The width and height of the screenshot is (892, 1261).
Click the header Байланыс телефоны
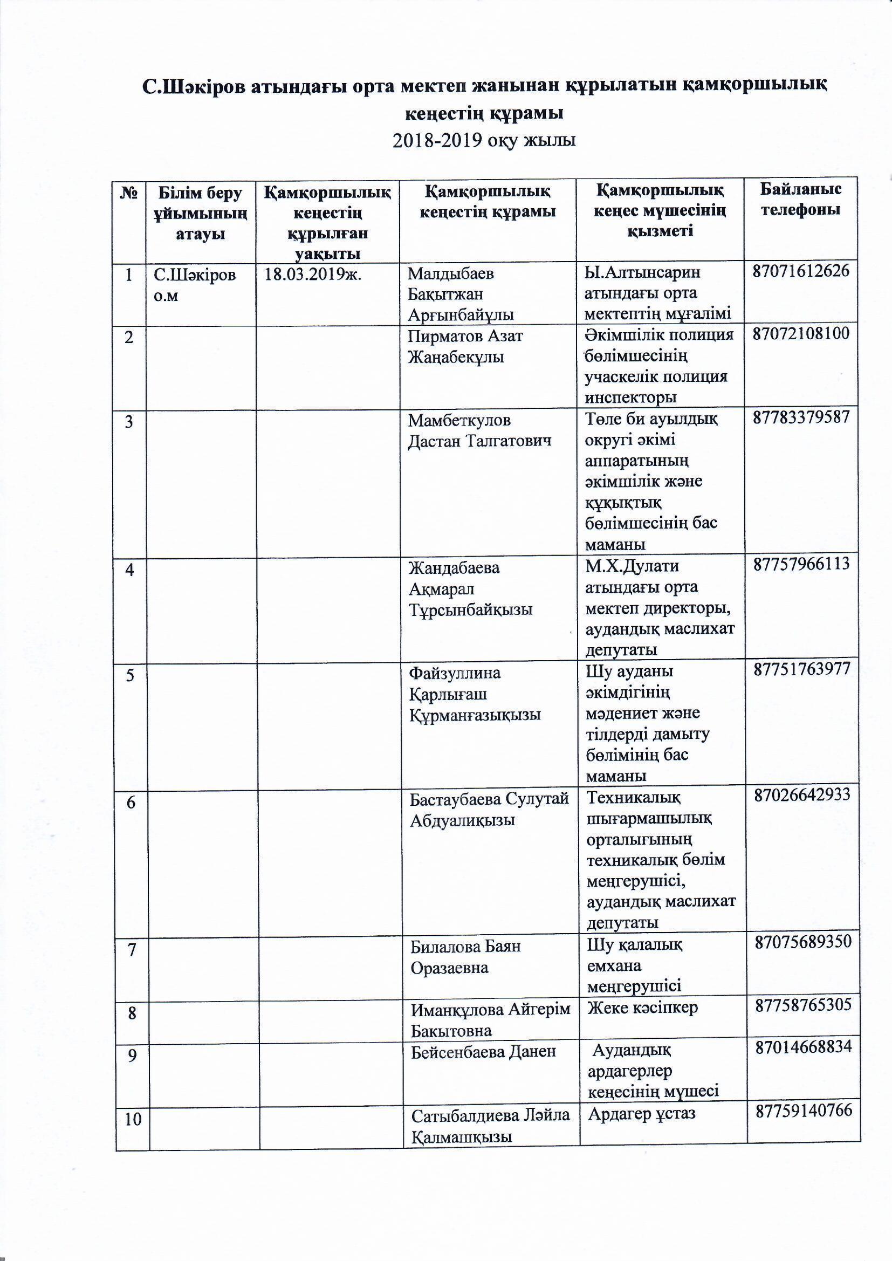[800, 200]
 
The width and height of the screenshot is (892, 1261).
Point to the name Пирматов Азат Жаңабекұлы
[465, 346]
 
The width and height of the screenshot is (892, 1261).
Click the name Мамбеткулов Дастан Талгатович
[479, 430]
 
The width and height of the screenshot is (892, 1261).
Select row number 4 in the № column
[129, 570]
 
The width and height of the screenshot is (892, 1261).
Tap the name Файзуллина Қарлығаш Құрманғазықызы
[475, 694]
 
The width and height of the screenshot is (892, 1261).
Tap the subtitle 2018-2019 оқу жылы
[484, 141]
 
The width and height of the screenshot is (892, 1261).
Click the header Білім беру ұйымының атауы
[200, 213]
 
